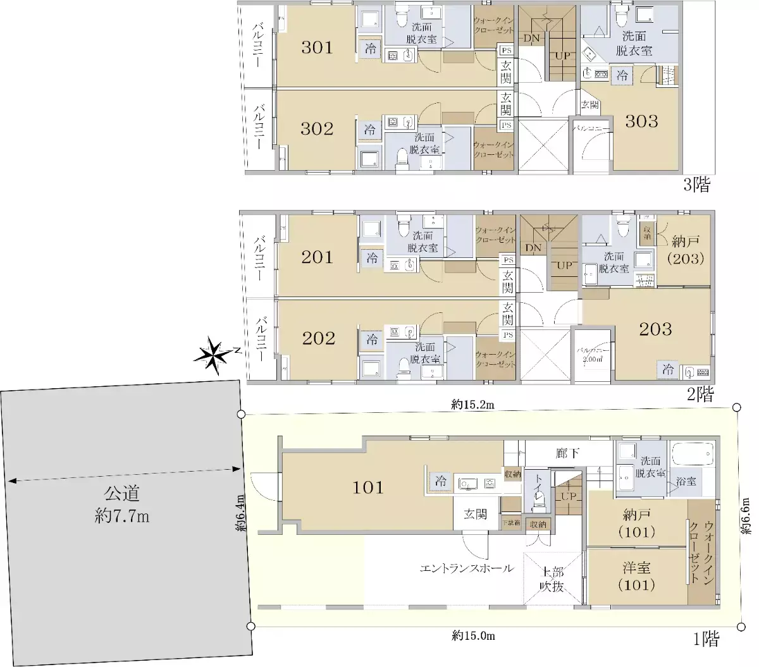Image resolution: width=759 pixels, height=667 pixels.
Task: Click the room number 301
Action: (x=317, y=47)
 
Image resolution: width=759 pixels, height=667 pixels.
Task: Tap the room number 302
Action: (x=317, y=129)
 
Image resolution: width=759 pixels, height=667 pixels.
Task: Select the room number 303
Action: (x=641, y=121)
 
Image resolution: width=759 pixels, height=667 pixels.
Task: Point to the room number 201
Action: (x=317, y=257)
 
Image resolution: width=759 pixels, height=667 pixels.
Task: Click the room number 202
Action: (x=318, y=338)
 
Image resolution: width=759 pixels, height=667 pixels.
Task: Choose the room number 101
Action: (x=368, y=487)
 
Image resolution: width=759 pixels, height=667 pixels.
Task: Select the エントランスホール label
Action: (x=467, y=568)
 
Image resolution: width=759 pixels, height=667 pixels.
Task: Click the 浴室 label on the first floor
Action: (x=686, y=481)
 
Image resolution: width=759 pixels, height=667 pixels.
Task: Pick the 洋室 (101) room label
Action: (x=636, y=576)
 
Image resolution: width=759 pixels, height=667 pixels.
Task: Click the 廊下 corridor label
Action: (x=567, y=453)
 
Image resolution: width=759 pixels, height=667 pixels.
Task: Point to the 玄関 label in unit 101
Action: (x=476, y=515)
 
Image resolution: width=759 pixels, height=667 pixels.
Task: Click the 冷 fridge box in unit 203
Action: (x=667, y=370)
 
